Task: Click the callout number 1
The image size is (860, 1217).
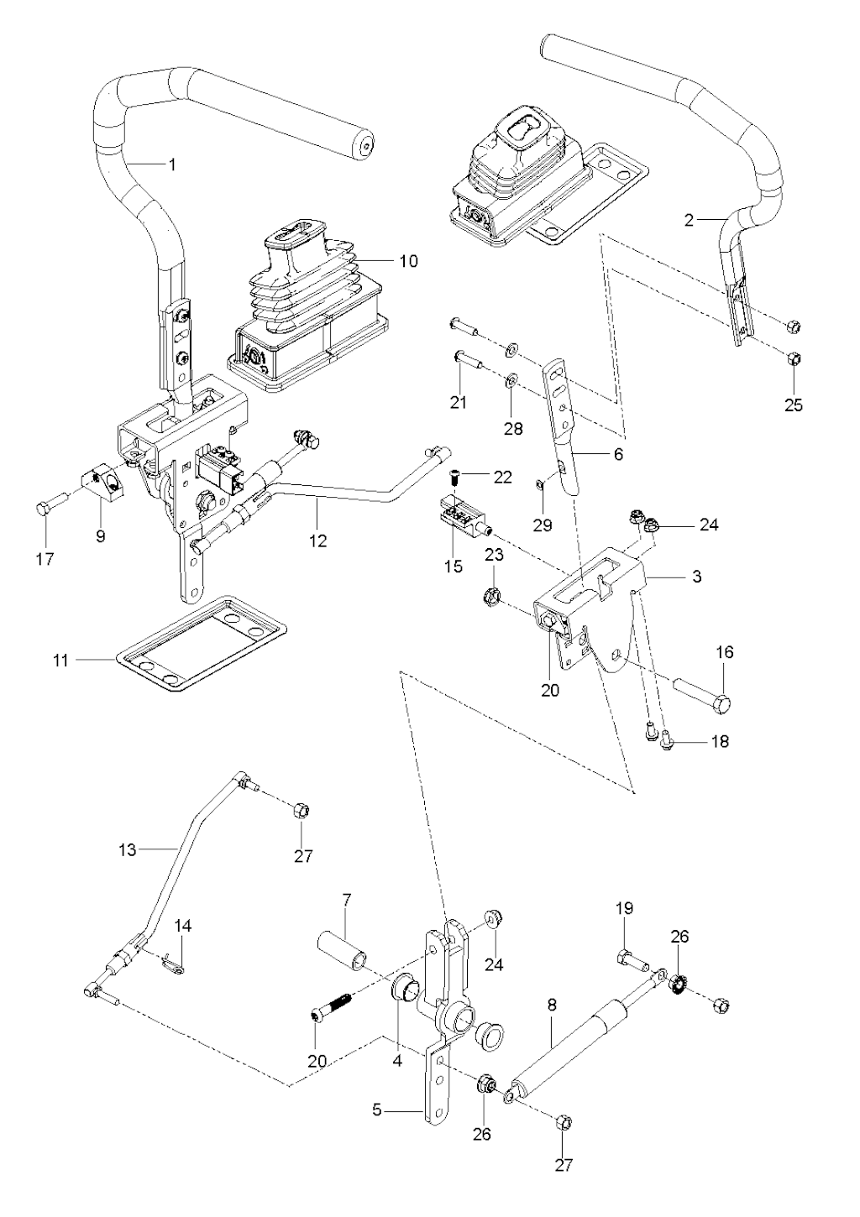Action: [173, 165]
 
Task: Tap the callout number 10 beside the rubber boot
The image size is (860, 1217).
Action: [407, 261]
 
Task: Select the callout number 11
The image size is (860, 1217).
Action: [60, 661]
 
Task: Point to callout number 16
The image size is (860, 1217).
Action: [725, 652]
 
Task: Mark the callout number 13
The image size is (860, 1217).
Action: [127, 850]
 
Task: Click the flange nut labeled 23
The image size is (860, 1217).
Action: [494, 598]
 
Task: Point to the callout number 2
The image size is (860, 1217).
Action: [690, 220]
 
